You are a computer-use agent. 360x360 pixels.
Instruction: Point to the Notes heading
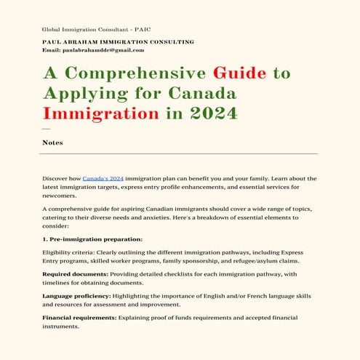point(52,143)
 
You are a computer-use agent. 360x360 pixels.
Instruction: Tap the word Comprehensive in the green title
point(135,73)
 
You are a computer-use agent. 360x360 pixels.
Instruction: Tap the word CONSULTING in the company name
point(171,42)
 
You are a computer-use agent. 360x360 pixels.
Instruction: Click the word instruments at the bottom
point(63,328)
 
